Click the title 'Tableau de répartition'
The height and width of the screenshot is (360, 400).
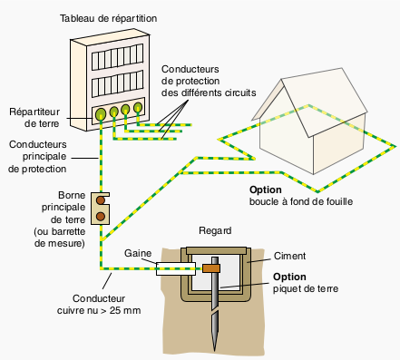(108, 18)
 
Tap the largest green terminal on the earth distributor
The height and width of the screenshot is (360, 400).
(101, 114)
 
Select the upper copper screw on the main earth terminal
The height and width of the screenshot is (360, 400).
(101, 200)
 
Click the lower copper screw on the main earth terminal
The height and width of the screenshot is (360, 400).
(101, 216)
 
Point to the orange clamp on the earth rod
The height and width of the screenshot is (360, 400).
(211, 268)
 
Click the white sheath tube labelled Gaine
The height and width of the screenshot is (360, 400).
(176, 268)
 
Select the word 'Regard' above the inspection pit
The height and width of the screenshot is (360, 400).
(215, 230)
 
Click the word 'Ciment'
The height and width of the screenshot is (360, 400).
(289, 256)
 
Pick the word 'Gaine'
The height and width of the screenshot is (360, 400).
(138, 253)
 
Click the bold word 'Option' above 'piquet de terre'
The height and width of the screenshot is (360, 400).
(289, 277)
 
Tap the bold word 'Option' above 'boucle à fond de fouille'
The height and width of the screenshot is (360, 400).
(266, 190)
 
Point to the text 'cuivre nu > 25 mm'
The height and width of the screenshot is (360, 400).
(99, 310)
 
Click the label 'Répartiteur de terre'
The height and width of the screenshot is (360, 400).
(34, 118)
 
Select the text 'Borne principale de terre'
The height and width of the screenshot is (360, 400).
(63, 208)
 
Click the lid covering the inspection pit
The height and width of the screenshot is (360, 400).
(216, 251)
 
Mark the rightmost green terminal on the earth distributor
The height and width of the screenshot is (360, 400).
(138, 107)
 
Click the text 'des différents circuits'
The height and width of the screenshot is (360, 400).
(209, 92)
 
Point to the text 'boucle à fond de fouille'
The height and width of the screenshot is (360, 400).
(301, 201)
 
